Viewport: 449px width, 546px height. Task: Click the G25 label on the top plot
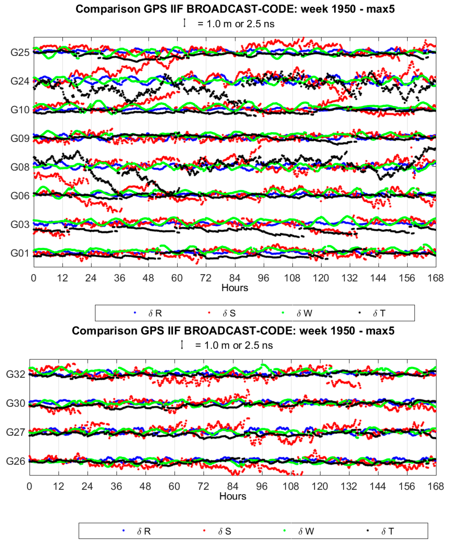point(20,52)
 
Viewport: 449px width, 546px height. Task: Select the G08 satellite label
point(20,167)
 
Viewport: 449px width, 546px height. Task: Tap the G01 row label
point(20,253)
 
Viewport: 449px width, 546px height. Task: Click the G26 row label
point(16,461)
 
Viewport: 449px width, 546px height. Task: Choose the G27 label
point(16,432)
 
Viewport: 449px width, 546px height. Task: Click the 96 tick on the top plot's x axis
point(263,278)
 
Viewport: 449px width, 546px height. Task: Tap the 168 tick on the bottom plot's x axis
point(436,487)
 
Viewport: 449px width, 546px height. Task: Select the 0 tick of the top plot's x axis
point(34,278)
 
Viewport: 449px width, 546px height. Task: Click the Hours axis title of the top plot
point(235,288)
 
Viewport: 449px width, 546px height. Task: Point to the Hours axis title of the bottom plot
point(233,496)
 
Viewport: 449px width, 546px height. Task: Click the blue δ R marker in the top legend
point(135,313)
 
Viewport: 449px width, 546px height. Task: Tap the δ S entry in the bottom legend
point(224,531)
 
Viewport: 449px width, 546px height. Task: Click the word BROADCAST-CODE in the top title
point(242,9)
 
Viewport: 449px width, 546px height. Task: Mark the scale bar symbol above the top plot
point(184,23)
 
